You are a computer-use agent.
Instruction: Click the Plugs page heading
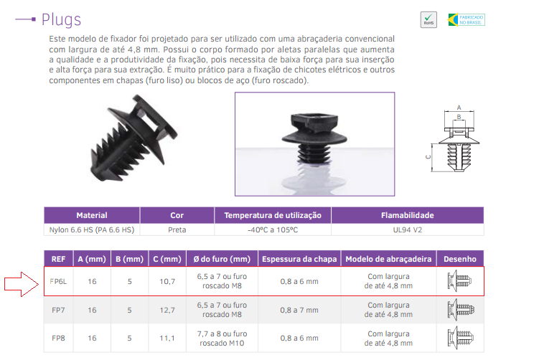(61, 19)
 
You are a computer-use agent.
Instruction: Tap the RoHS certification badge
(428, 19)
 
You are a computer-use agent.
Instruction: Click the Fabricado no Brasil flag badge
(464, 19)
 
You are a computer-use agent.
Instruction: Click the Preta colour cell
(177, 230)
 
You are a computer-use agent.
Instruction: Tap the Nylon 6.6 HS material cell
(92, 230)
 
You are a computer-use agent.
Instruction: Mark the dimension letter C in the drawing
(427, 156)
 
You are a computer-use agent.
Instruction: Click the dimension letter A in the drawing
(459, 107)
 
